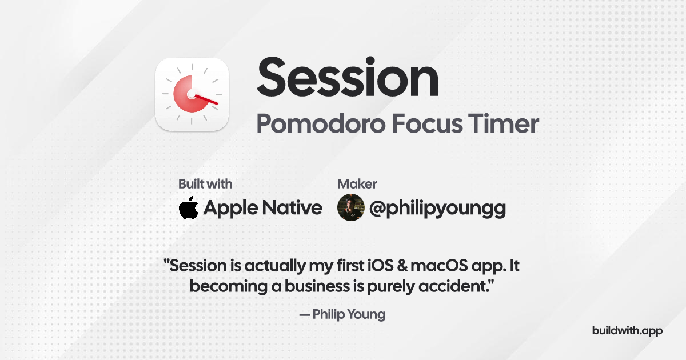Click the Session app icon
point(192,94)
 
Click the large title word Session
point(347,79)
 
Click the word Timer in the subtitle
point(505,123)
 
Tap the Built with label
point(205,184)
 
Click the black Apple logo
point(189,208)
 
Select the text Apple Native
point(262,208)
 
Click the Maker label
point(357,184)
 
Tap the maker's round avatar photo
point(350,207)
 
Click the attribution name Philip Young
point(349,314)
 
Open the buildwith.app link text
point(627,331)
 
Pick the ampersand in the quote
point(401,266)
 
